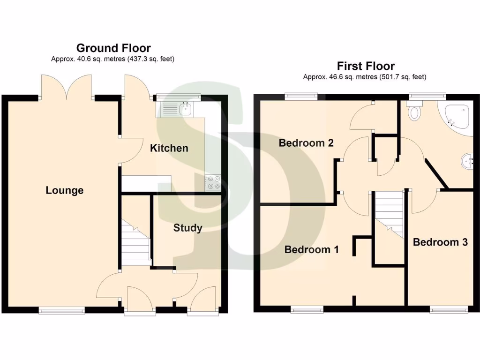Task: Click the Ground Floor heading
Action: pyautogui.click(x=113, y=48)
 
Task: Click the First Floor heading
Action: pyautogui.click(x=366, y=66)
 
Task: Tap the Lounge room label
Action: pyautogui.click(x=65, y=190)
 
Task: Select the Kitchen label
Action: pyautogui.click(x=169, y=148)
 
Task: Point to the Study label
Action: pyautogui.click(x=187, y=228)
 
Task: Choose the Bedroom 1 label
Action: pyautogui.click(x=311, y=249)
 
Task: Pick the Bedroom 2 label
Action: pyautogui.click(x=306, y=142)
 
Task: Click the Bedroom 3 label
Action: pyautogui.click(x=440, y=242)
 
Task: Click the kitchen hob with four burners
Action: pyautogui.click(x=213, y=182)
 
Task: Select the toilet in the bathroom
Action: pyautogui.click(x=415, y=111)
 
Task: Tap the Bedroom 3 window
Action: pyautogui.click(x=449, y=308)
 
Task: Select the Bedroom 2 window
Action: pyautogui.click(x=301, y=96)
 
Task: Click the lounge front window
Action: pyautogui.click(x=61, y=309)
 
